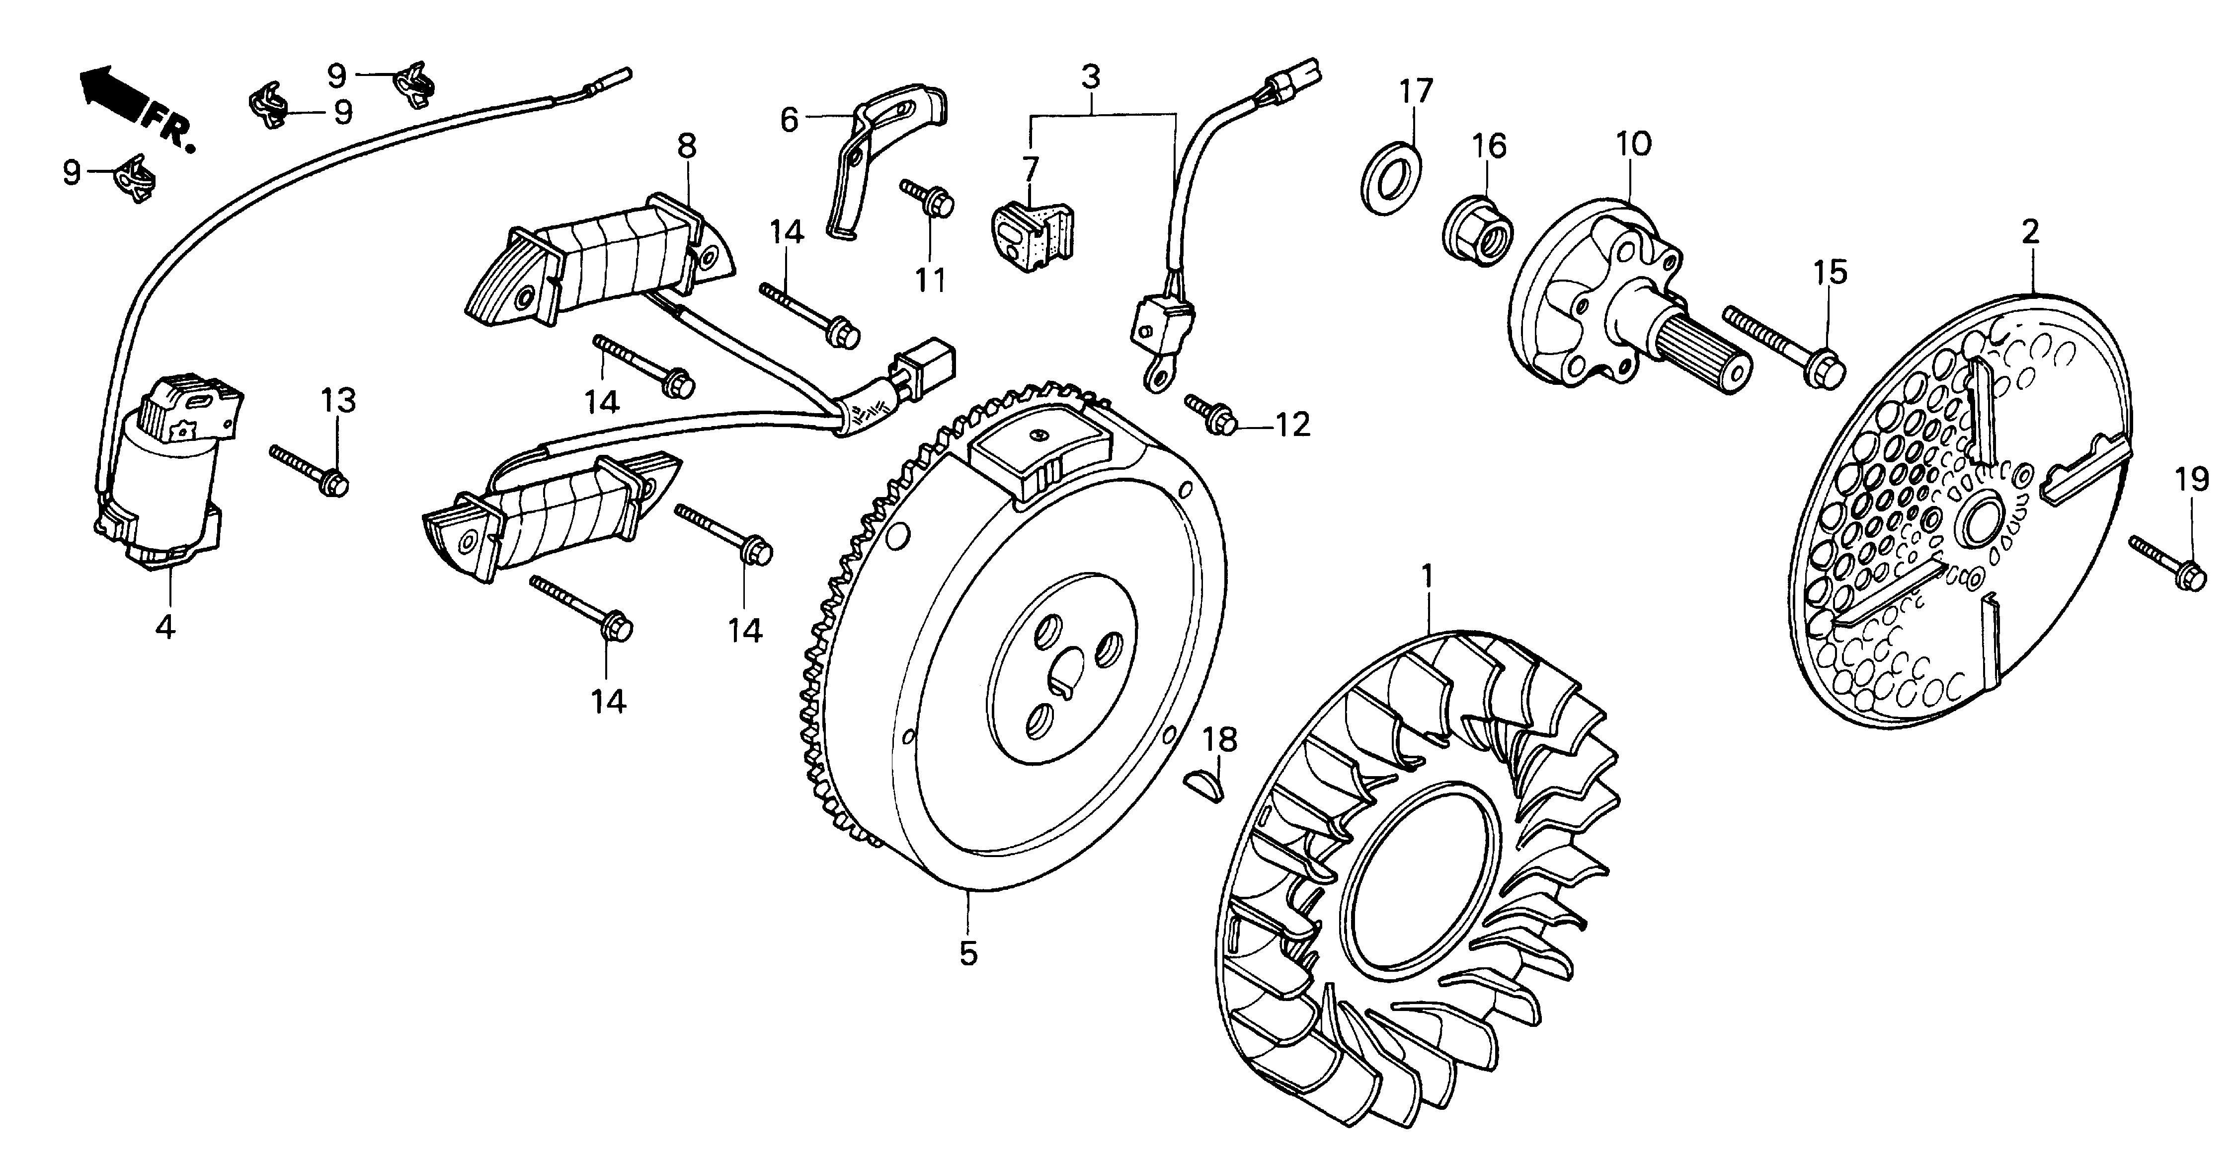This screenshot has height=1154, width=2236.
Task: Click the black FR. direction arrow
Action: coord(111,94)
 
